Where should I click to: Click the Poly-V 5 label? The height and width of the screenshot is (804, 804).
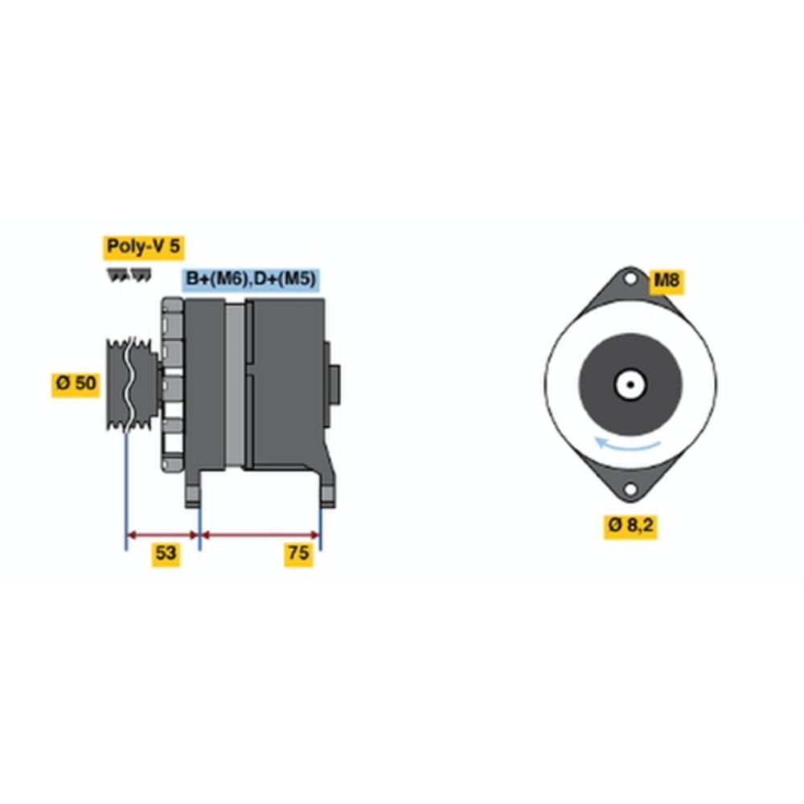(144, 247)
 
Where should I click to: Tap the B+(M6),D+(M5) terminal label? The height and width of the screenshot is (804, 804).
(251, 280)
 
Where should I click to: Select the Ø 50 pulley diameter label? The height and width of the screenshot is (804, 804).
(76, 384)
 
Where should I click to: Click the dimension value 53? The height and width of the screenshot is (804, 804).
(166, 554)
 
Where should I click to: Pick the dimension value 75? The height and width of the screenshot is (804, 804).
(298, 554)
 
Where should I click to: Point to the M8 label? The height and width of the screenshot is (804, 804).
(667, 281)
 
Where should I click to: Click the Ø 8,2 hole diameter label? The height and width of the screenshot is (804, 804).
(630, 526)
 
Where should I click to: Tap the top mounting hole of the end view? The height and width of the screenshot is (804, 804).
(630, 280)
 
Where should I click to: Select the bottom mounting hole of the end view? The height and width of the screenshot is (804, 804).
(630, 489)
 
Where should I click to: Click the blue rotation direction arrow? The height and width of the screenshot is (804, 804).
(626, 447)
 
